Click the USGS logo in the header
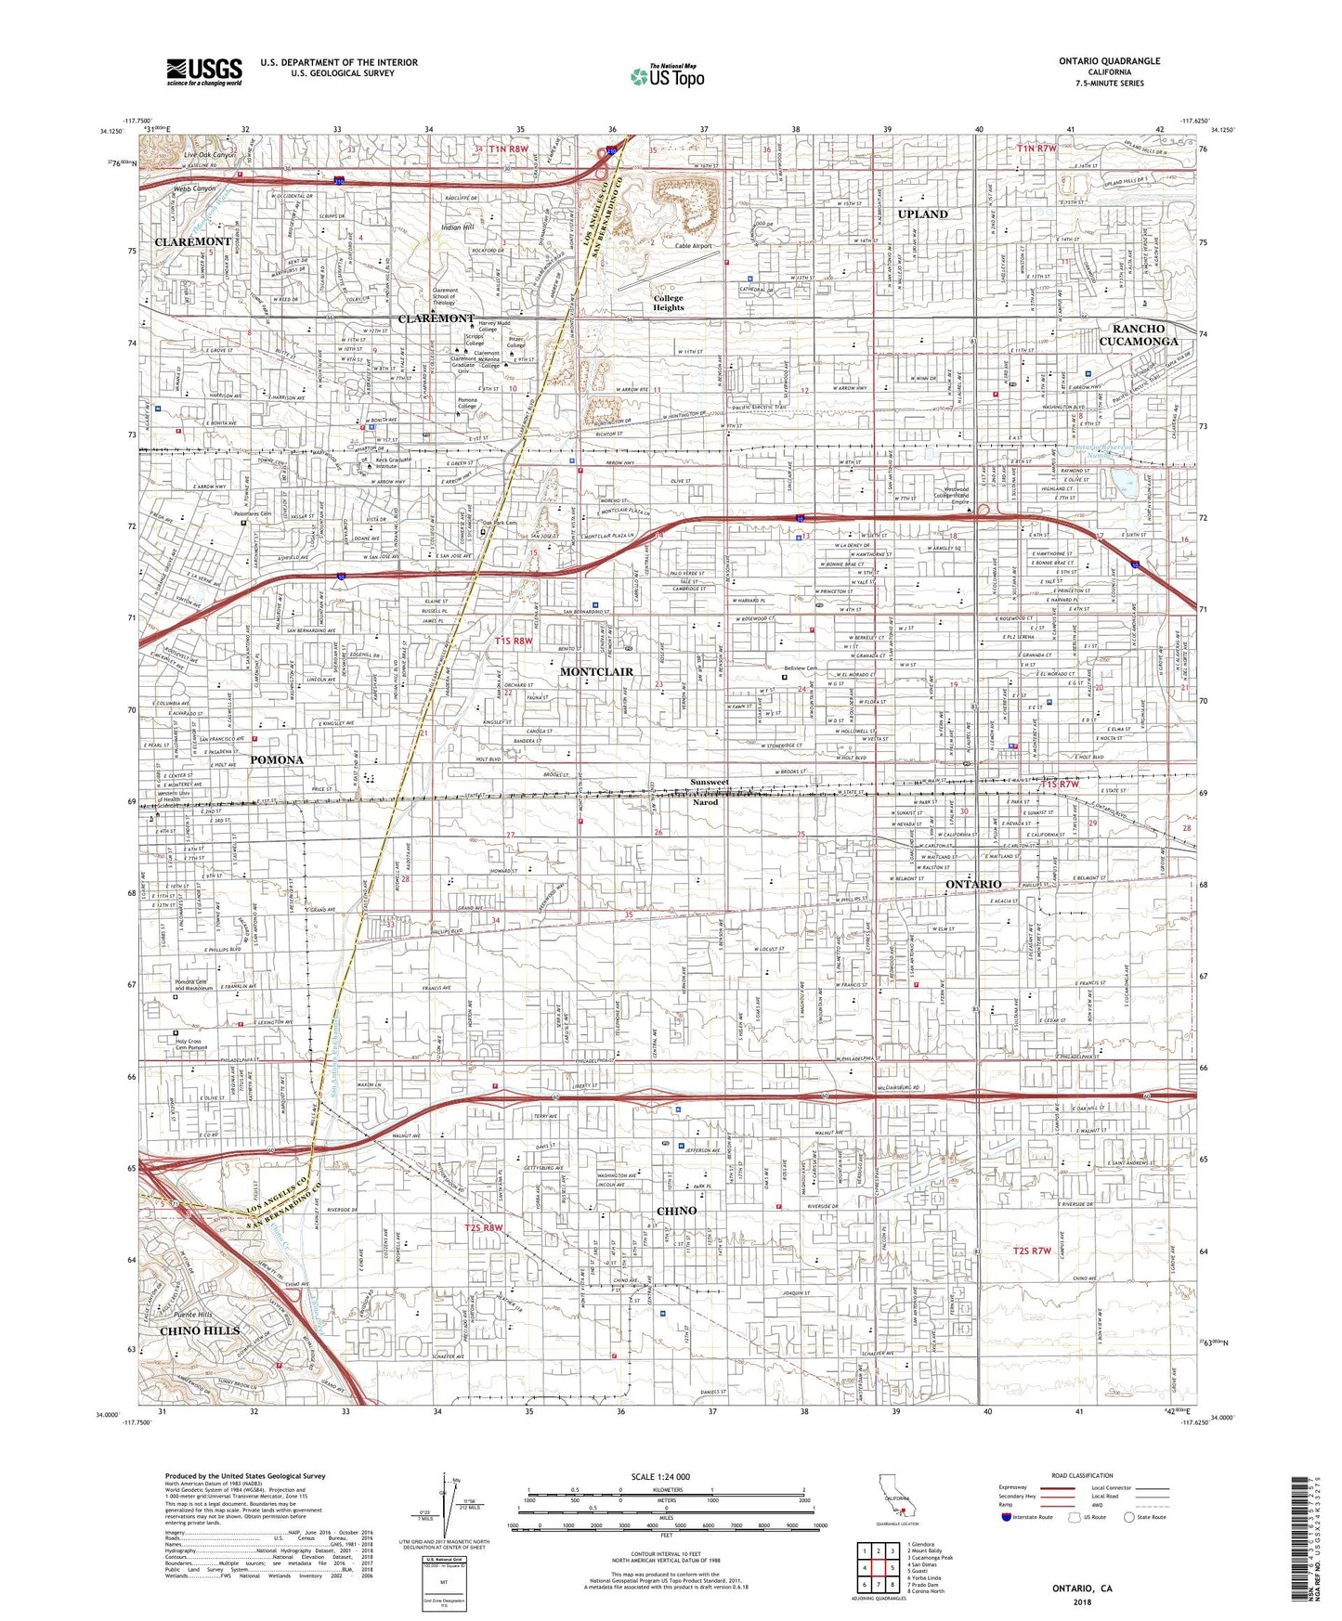204,71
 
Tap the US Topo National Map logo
667,77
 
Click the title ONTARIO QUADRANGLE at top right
1109,61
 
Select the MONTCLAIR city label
596,671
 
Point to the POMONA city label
277,759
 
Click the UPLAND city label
922,214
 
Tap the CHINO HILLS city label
200,1330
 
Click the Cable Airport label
693,246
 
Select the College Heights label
668,303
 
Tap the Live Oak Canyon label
210,155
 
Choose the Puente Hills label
193,1315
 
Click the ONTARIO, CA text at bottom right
1082,1589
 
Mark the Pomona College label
467,404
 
